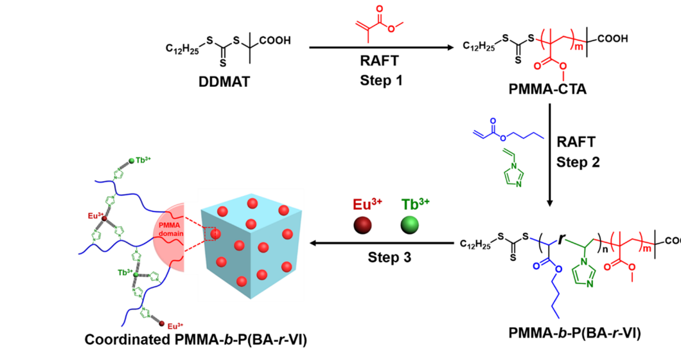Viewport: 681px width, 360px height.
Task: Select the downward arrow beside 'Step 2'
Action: (551, 154)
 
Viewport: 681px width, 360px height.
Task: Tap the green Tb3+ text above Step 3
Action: (414, 204)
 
